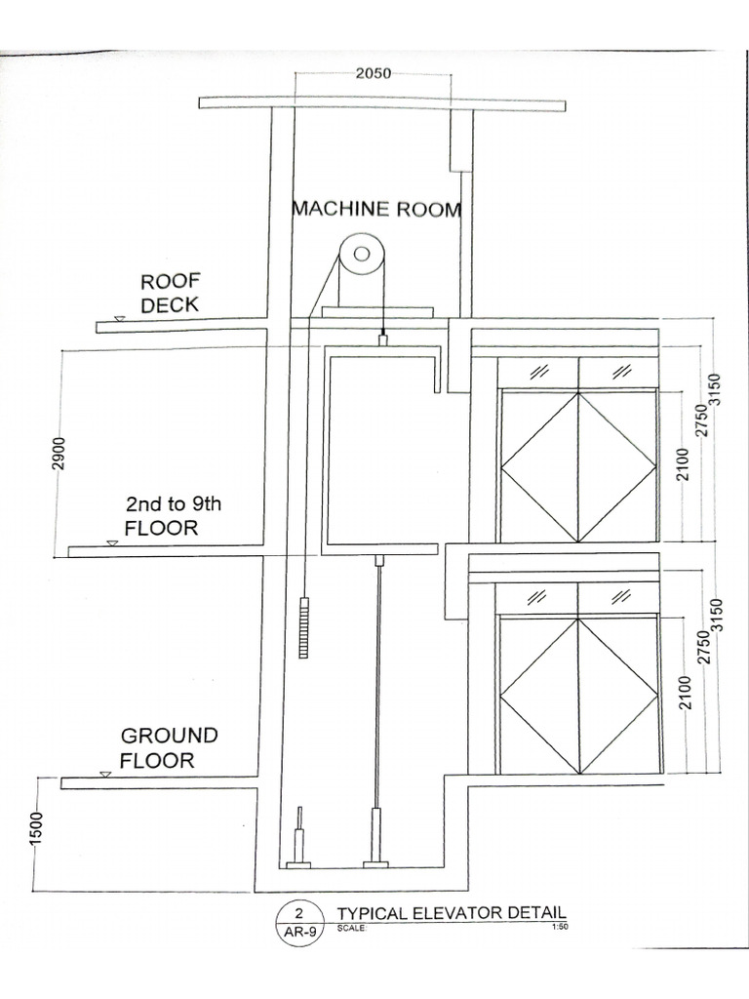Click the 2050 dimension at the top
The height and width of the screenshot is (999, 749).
coord(373,74)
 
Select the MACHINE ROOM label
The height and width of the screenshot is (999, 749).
coord(376,209)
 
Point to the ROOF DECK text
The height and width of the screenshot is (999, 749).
coord(169,293)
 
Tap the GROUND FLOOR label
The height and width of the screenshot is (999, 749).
coord(169,747)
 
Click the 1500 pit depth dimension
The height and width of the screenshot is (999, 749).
coord(35,832)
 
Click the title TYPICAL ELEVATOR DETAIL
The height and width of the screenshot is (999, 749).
coord(451,913)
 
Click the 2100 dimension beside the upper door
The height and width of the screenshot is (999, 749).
coord(683,464)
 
